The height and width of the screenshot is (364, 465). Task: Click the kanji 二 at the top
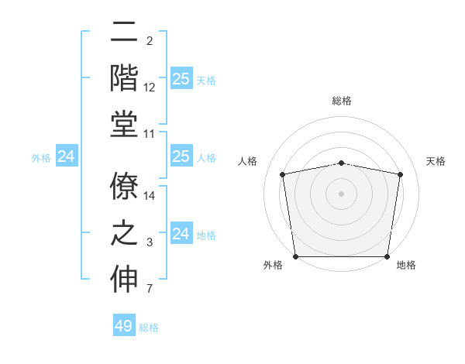[x=125, y=34]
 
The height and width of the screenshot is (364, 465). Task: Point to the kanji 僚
[x=125, y=185]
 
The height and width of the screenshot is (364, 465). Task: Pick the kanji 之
[x=125, y=233]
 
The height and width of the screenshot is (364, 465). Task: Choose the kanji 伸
[x=125, y=280]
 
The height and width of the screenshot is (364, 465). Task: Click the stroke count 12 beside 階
[x=150, y=88]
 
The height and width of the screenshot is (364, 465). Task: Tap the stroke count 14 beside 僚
[x=150, y=197]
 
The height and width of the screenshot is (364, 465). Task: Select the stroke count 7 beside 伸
[x=150, y=290]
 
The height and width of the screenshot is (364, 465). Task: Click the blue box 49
[x=124, y=326]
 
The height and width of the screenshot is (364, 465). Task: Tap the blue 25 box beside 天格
[x=181, y=78]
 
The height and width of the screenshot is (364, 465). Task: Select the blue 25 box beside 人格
[x=181, y=156]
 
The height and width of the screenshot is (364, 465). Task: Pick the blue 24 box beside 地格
[x=181, y=233]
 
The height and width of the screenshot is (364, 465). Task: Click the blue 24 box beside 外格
[x=67, y=156]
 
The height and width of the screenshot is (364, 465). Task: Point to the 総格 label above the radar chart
[x=342, y=101]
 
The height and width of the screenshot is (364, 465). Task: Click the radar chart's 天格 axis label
[x=436, y=161]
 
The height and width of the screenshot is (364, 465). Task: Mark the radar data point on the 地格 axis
[x=387, y=256]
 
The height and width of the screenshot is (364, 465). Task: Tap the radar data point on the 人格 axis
[x=282, y=174]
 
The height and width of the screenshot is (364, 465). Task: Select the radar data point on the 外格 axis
[x=295, y=256]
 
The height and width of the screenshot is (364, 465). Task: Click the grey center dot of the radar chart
[x=342, y=193]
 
